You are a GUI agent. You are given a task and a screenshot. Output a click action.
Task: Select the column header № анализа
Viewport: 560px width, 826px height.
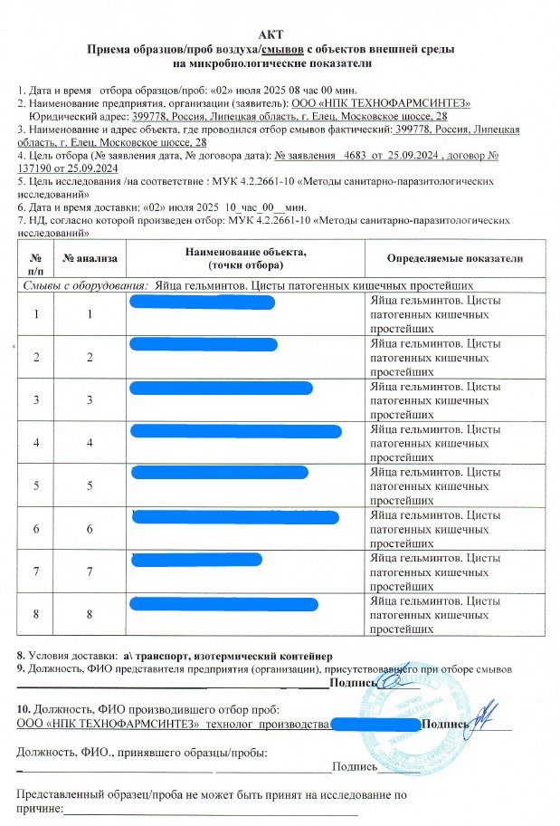click(x=90, y=258)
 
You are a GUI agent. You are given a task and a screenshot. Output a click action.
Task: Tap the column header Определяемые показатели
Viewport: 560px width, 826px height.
click(x=454, y=258)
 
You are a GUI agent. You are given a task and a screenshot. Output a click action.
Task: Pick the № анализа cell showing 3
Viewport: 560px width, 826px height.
click(x=90, y=399)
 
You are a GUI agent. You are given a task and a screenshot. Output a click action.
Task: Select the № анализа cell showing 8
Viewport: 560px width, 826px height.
click(x=90, y=614)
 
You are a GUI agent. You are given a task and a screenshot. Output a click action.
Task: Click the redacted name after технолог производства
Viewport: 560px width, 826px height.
click(x=374, y=725)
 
